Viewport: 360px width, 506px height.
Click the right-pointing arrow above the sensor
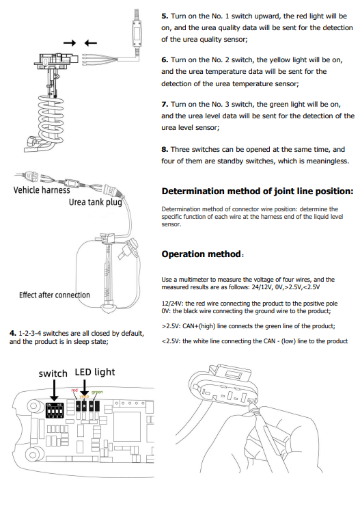pos(70,43)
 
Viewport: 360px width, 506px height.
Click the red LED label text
pos(75,390)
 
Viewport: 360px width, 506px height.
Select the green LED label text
pos(96,392)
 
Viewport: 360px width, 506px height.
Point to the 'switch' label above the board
pos(53,373)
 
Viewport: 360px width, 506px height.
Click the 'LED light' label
pos(95,372)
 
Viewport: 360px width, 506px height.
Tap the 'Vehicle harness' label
pos(42,190)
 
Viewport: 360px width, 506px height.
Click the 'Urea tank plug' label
pos(96,202)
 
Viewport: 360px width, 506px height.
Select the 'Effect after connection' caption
pos(55,295)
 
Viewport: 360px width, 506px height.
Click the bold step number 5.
pos(165,15)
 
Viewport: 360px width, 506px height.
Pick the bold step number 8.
pos(165,149)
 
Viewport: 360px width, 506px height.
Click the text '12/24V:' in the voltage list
pos(173,302)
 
